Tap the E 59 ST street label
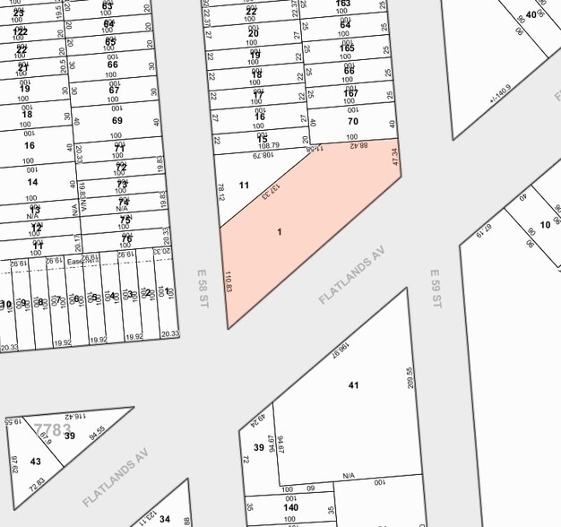pyautogui.click(x=436, y=289)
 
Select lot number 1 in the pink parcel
pyautogui.click(x=280, y=232)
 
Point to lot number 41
pyautogui.click(x=353, y=384)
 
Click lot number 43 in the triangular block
pyautogui.click(x=36, y=462)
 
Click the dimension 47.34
pyautogui.click(x=394, y=158)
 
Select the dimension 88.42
pyautogui.click(x=358, y=144)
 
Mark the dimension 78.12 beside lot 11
pyautogui.click(x=220, y=192)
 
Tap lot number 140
pyautogui.click(x=290, y=507)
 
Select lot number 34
pyautogui.click(x=165, y=518)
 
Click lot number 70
pyautogui.click(x=352, y=121)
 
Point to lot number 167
pyautogui.click(x=350, y=93)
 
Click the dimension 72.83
pyautogui.click(x=37, y=485)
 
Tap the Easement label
pyautogui.click(x=82, y=262)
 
